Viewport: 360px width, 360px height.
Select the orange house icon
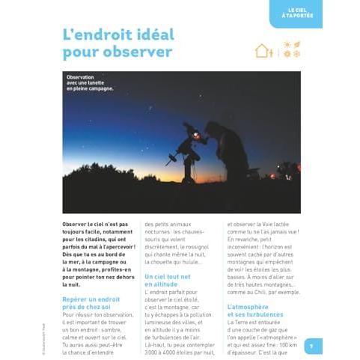263,50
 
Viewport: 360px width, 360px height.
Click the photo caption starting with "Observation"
90,82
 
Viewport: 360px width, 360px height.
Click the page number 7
311,345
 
